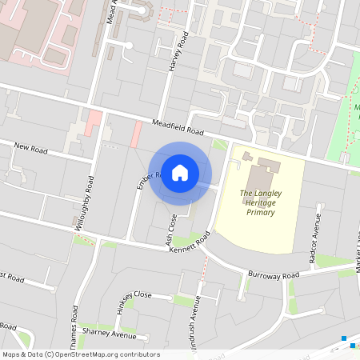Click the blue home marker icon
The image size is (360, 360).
(x=180, y=173)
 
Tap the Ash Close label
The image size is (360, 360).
(x=170, y=228)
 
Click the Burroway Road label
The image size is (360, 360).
(x=273, y=274)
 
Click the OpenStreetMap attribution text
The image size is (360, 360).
(x=81, y=354)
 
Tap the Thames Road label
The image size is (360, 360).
(x=77, y=316)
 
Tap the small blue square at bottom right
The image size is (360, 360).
(x=344, y=338)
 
